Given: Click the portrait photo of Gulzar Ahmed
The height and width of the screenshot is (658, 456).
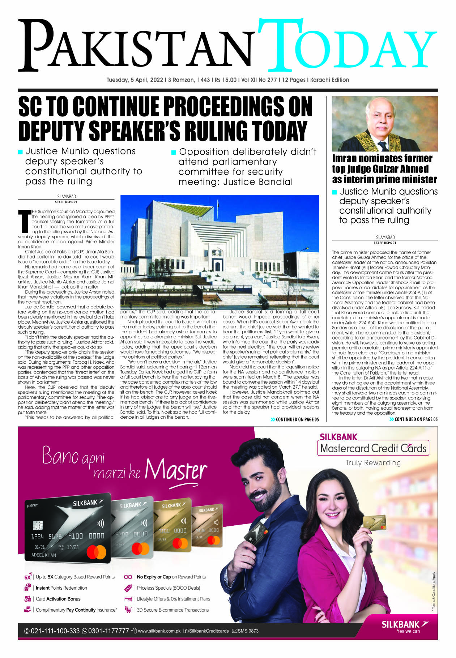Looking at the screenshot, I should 385,124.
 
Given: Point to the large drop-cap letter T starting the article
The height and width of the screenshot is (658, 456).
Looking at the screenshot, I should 24,221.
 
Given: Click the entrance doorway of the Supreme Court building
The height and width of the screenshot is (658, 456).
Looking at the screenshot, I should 217,266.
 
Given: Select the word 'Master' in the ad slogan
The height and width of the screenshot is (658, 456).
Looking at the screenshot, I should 176,470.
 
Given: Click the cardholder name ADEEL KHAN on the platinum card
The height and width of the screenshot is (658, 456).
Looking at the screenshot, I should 44,555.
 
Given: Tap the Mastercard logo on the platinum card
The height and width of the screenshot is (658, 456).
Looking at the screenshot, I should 97,552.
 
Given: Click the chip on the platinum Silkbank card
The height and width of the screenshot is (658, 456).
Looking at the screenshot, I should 38,525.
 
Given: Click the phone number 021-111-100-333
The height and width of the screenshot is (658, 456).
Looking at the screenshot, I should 55,631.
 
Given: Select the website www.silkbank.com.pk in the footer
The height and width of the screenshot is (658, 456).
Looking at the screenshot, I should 159,631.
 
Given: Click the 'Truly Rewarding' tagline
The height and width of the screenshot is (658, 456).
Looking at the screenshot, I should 373,463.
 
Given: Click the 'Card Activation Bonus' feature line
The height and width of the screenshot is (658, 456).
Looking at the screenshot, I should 58,599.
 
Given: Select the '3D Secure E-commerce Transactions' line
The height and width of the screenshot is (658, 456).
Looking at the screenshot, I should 172,610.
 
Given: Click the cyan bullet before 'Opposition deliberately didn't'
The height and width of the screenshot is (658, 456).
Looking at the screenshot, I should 174,152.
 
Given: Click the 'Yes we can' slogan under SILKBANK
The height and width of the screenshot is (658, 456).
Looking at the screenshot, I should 408,631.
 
